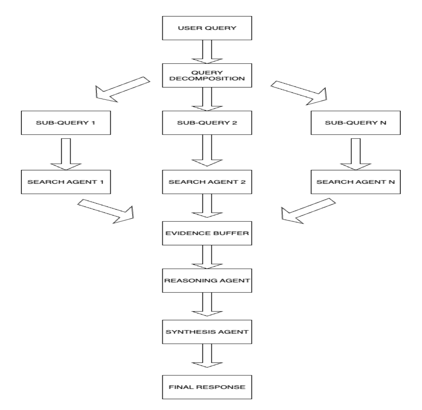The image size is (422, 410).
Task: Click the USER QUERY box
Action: click(207, 28)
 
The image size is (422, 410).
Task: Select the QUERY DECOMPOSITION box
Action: click(207, 75)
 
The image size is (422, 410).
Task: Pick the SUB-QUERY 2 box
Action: click(207, 123)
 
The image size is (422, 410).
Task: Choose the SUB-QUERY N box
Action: click(355, 123)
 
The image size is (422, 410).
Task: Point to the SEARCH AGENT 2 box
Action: click(207, 181)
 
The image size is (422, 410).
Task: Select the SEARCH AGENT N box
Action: click(355, 181)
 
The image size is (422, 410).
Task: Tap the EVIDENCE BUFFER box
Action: click(207, 233)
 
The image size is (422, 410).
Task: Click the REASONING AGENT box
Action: click(207, 281)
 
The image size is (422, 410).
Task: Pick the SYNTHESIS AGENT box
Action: click(207, 332)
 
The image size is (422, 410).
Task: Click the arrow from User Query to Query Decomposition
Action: click(207, 52)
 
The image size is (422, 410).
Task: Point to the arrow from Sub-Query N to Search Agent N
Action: click(355, 152)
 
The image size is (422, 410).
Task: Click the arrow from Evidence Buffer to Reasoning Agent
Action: click(207, 257)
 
